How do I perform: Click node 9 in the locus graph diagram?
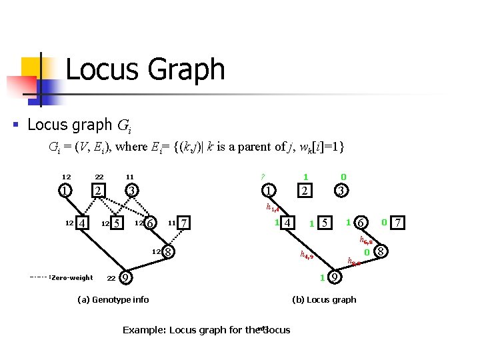334,277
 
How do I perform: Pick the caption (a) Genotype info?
113,299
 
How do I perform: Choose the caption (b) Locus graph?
324,299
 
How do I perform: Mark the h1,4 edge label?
272,208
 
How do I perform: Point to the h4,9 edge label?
307,255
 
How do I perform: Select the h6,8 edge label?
366,239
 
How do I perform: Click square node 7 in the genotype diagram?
185,222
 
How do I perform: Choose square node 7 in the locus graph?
397,221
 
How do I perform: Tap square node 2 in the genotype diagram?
98,191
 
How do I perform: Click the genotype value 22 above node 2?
98,177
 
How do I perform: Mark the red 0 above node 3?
343,177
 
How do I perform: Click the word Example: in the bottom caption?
145,330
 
